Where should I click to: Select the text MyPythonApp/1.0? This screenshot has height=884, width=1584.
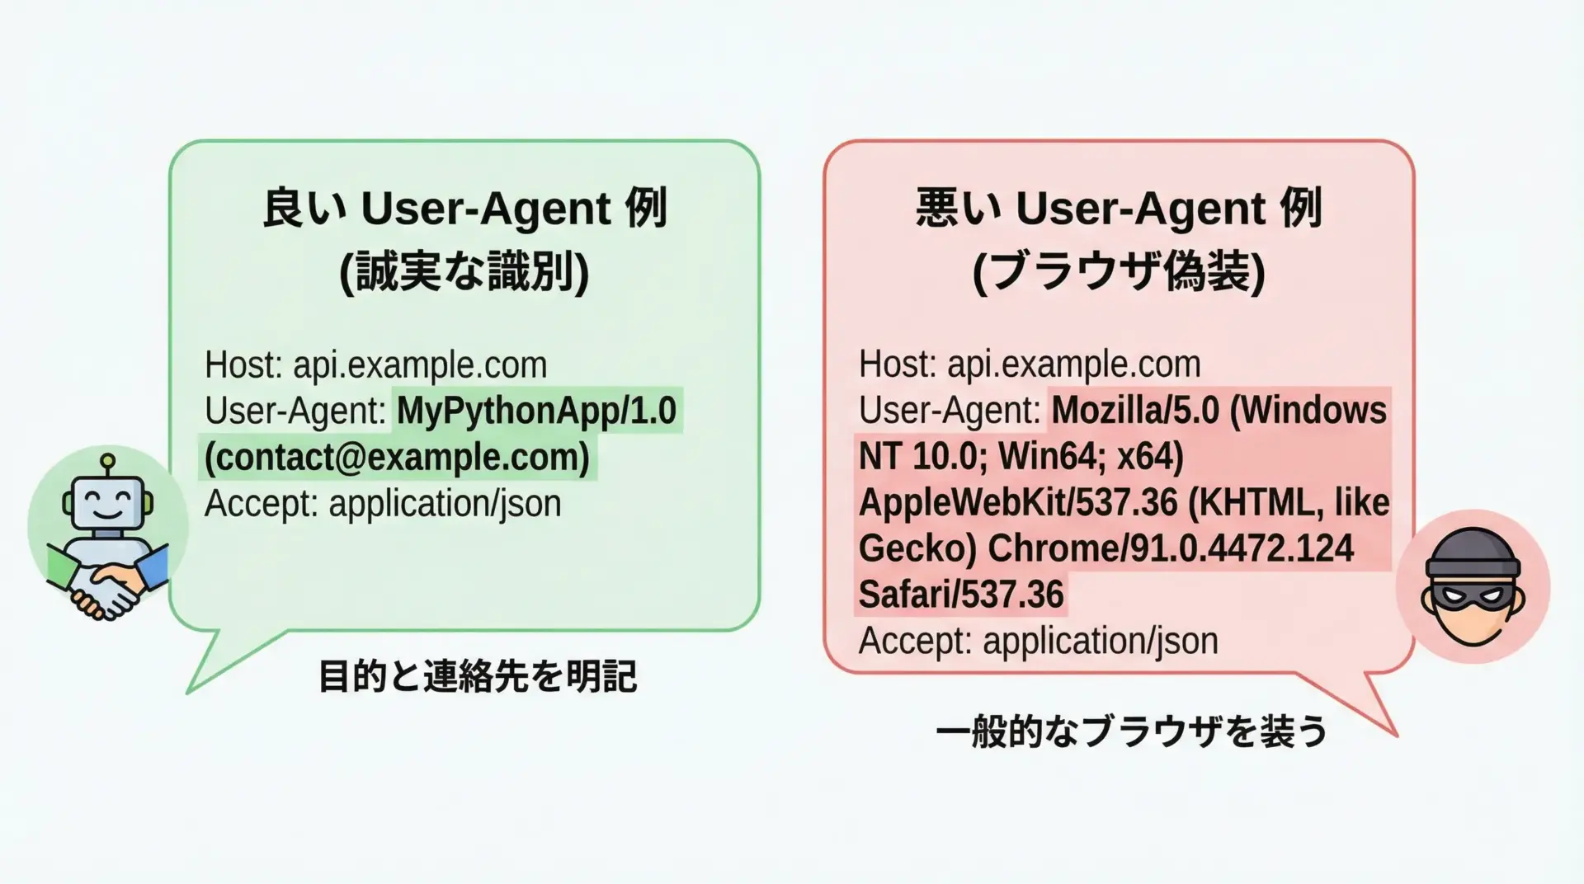pyautogui.click(x=536, y=411)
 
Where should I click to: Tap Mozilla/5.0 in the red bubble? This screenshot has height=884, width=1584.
pyautogui.click(x=1135, y=411)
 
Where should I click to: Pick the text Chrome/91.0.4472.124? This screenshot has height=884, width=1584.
pyautogui.click(x=1171, y=548)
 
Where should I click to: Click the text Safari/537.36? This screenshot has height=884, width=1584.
pyautogui.click(x=961, y=595)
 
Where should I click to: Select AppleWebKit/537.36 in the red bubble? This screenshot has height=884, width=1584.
pyautogui.click(x=1018, y=502)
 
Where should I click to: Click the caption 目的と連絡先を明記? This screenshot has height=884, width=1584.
pyautogui.click(x=478, y=677)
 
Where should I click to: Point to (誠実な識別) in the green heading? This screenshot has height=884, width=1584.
pyautogui.click(x=464, y=273)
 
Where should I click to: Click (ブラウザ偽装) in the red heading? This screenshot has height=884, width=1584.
pyautogui.click(x=1119, y=273)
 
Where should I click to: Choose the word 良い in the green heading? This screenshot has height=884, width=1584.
pyautogui.click(x=305, y=208)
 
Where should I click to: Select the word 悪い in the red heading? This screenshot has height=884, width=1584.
pyautogui.click(x=959, y=208)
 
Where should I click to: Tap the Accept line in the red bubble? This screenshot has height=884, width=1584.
pyautogui.click(x=1038, y=641)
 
